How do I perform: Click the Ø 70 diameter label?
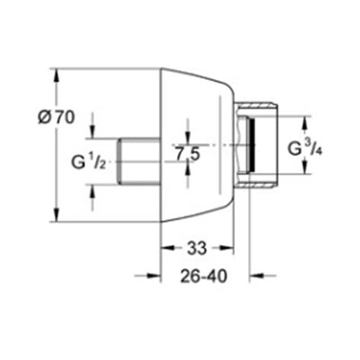click(x=56, y=117)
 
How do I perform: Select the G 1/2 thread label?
click(x=88, y=161)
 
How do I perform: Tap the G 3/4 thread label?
click(x=305, y=148)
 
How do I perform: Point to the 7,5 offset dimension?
click(x=188, y=154)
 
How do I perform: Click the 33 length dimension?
click(x=197, y=248)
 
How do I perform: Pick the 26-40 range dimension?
click(x=204, y=276)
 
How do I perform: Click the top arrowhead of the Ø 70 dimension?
click(x=56, y=75)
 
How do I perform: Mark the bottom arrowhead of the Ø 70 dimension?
click(x=56, y=215)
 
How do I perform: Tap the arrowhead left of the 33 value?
click(x=168, y=248)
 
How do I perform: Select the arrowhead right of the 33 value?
click(x=227, y=248)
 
